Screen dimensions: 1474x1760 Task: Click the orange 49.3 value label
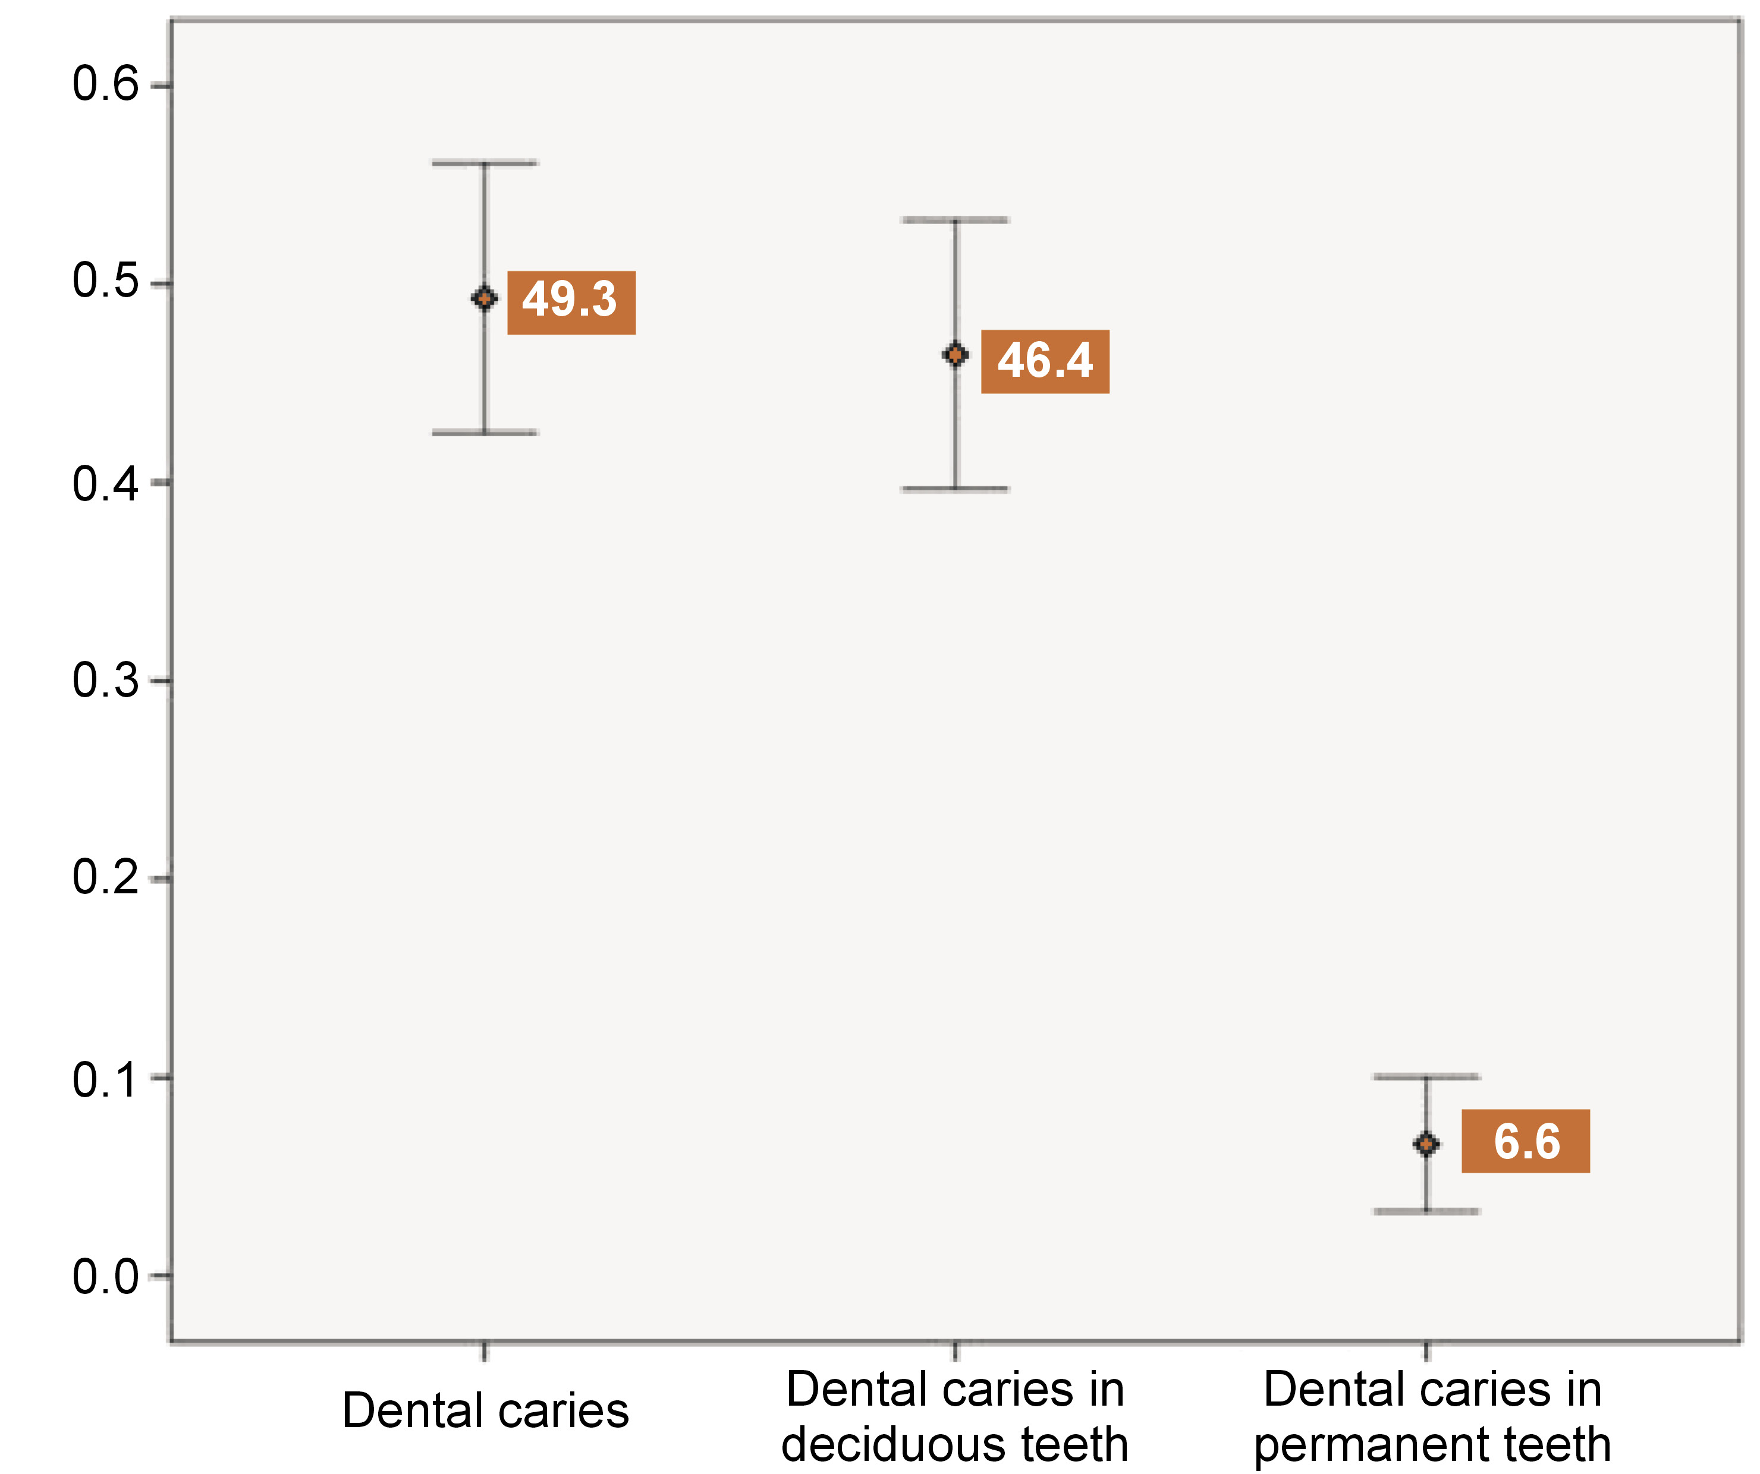coord(571,303)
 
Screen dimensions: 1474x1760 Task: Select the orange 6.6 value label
coord(1525,1141)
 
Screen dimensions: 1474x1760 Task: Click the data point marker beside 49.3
coord(485,298)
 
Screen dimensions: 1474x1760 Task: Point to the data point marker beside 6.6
coord(1426,1144)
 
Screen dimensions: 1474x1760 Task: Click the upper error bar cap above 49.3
coord(485,163)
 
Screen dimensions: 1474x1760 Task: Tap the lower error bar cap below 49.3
coord(485,433)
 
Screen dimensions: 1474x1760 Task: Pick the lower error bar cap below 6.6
coord(1426,1211)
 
